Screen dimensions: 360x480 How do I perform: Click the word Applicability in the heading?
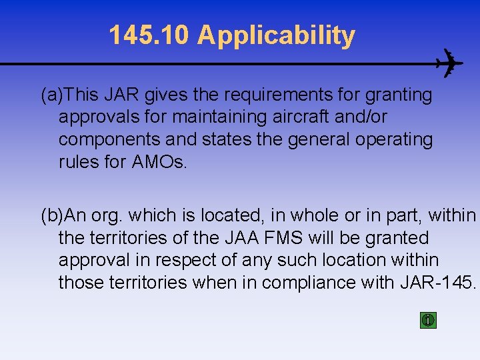point(276,37)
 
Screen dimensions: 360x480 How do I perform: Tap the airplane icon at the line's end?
point(448,64)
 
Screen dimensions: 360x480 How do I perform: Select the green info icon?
point(428,320)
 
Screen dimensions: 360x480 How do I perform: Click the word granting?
point(399,95)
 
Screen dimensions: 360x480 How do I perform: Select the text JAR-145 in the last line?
point(437,283)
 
